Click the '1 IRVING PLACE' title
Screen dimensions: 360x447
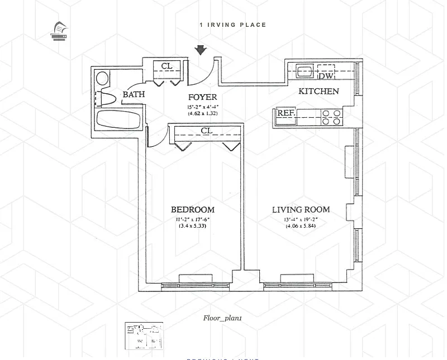pos(233,25)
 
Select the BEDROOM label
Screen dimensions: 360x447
pos(193,210)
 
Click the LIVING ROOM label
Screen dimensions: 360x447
pos(301,210)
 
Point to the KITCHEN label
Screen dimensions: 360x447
pos(318,92)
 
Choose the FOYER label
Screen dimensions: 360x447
pos(202,98)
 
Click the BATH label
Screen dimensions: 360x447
pos(134,95)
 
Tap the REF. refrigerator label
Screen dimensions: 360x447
pos(286,113)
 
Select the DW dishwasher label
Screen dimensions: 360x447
pos(326,74)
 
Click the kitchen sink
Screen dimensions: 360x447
pos(305,71)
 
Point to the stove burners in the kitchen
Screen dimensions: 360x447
pos(332,117)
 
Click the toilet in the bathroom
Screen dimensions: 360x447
pos(103,99)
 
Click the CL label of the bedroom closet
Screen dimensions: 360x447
pos(207,131)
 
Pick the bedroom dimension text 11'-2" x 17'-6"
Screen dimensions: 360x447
pos(193,219)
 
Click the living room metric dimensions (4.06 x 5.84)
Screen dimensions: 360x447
pos(301,226)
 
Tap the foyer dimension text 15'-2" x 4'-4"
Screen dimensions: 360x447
pos(202,107)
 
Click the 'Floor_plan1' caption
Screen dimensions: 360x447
pos(222,318)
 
